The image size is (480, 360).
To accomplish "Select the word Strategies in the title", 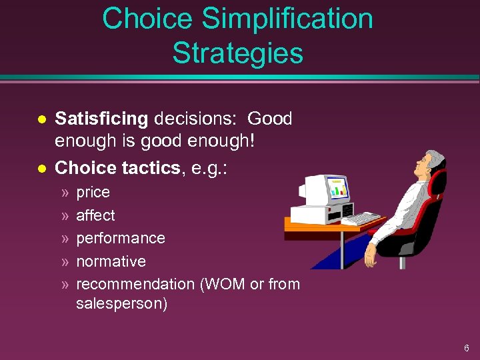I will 237,53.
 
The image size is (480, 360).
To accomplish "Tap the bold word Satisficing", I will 101,119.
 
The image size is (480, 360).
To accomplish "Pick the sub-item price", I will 93,193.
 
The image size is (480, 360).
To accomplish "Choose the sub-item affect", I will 95,215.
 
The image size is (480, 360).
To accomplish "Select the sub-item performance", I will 121,238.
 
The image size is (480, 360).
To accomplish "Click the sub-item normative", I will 111,261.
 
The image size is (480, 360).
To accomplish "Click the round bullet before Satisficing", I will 41,119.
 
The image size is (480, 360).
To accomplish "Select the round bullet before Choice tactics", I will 41,169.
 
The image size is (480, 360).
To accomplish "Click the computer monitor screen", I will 337,189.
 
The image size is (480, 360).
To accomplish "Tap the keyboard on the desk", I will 360,219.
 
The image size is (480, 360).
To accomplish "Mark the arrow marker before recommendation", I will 65,285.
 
